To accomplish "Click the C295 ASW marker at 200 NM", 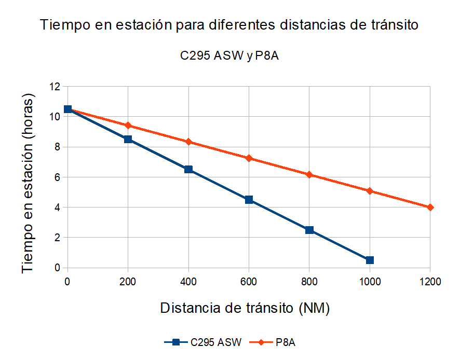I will coord(128,139).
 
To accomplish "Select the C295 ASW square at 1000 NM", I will coord(370,260).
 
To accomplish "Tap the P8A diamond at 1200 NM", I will coord(430,207).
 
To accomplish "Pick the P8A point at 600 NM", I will coord(249,158).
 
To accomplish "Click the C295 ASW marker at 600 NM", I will coord(249,200).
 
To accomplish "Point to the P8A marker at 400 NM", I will coord(188,142).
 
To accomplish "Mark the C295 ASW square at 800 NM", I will coord(309,230).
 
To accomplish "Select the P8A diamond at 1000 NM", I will coord(370,191).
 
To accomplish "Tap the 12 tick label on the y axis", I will coord(55,87).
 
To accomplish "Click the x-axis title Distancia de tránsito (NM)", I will coord(245,308).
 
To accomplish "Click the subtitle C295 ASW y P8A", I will coord(229,56).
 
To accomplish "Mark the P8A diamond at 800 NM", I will coord(309,175).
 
